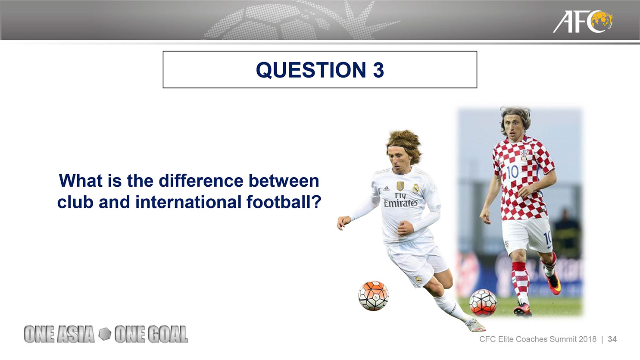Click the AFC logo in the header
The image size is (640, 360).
point(583,22)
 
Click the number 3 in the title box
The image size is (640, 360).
point(378,70)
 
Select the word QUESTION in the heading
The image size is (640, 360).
point(311,70)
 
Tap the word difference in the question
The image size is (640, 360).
point(201,181)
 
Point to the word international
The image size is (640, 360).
point(188,202)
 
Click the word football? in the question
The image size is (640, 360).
point(284,202)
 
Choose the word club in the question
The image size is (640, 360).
point(75,202)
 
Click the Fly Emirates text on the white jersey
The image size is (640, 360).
point(400,200)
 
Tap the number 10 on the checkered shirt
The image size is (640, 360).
point(512,172)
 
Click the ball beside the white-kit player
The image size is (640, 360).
point(373,295)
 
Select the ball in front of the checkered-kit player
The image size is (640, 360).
point(483,303)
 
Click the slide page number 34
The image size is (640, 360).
point(612,339)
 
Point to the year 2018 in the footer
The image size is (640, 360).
point(587,339)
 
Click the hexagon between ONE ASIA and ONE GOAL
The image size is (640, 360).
point(105,334)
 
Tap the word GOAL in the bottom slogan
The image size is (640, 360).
point(167,334)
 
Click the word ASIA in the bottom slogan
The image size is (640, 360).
point(76,334)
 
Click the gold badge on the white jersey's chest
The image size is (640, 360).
point(400,186)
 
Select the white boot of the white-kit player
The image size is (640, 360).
point(475,325)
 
